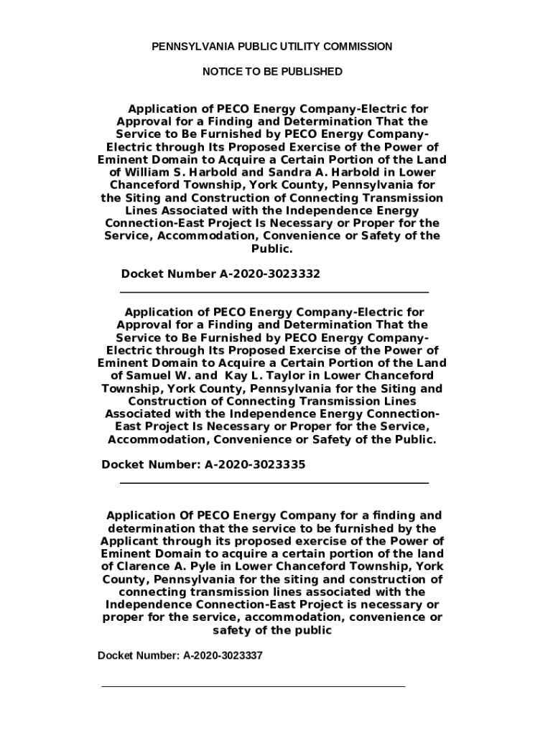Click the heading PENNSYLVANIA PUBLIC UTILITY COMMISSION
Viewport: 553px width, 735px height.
(x=271, y=47)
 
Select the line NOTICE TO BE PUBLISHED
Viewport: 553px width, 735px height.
(x=272, y=72)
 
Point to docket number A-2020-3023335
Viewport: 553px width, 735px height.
(x=255, y=464)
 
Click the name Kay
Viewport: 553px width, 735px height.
(x=237, y=375)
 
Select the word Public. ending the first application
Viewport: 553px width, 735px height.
(x=271, y=248)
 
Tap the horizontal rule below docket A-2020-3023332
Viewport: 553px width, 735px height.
(x=273, y=292)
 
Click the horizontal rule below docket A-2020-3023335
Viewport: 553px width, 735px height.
(x=273, y=483)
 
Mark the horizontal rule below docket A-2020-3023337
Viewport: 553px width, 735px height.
(x=253, y=686)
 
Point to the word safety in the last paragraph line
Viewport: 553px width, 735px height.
(x=233, y=630)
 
